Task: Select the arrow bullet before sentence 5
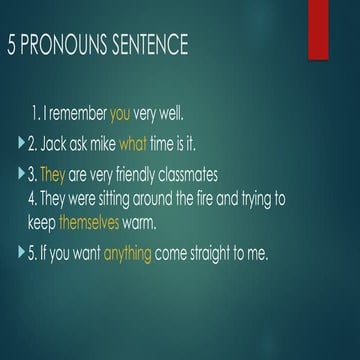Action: pyautogui.click(x=23, y=255)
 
